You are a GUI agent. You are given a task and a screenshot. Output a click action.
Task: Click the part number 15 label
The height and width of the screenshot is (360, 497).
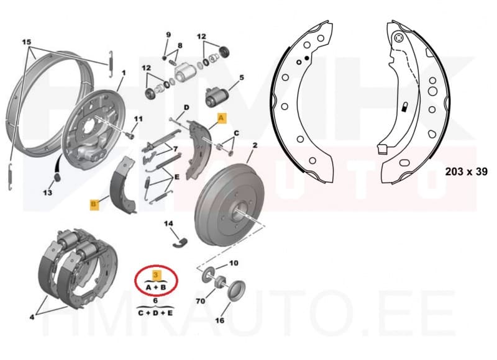tap(27, 42)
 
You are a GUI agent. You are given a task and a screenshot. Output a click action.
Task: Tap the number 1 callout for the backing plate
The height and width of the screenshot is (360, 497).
tap(123, 73)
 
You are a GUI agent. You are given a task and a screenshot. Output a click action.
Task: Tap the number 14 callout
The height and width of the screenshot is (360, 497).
tap(168, 223)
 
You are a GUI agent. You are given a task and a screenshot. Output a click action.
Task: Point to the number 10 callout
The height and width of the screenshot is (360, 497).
tap(234, 263)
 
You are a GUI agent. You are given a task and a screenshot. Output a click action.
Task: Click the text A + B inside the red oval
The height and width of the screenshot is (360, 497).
tap(156, 287)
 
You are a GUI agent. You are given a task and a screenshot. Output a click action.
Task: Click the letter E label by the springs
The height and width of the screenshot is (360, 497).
tap(177, 176)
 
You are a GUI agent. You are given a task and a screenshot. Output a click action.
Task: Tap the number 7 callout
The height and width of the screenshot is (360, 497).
tap(176, 148)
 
